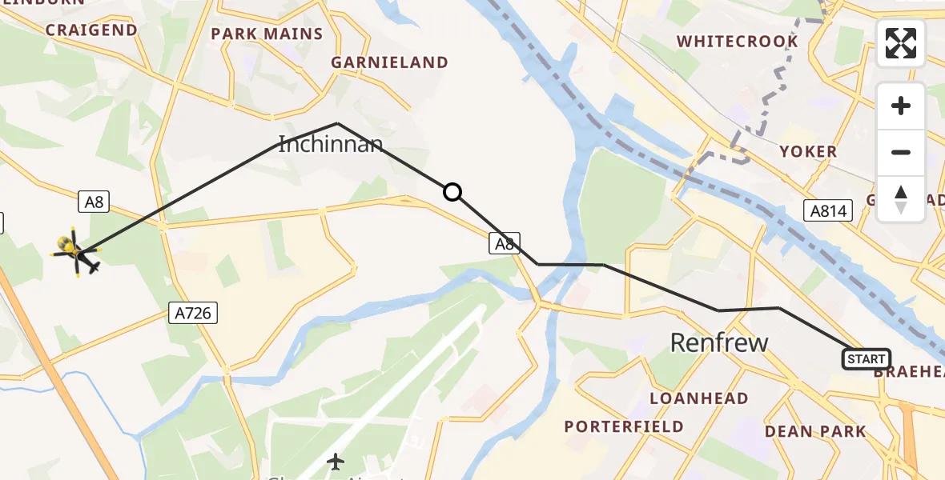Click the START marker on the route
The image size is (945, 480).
866,359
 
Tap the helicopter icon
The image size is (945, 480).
76,252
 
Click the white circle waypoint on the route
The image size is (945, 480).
452,192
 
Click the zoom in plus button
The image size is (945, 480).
901,106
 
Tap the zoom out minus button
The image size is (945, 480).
901,152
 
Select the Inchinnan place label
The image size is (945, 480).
330,145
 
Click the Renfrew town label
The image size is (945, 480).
718,343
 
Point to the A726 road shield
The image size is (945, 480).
193,312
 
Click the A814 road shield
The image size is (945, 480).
828,210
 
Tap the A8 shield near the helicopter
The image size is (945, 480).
94,202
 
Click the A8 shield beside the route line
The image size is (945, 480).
505,243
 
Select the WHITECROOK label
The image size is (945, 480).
737,42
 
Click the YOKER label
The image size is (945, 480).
808,151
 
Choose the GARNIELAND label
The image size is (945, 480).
389,62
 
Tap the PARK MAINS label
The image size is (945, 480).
267,34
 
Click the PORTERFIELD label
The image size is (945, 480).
624,426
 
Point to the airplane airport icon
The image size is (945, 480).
336,462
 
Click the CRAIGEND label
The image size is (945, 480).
91,30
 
